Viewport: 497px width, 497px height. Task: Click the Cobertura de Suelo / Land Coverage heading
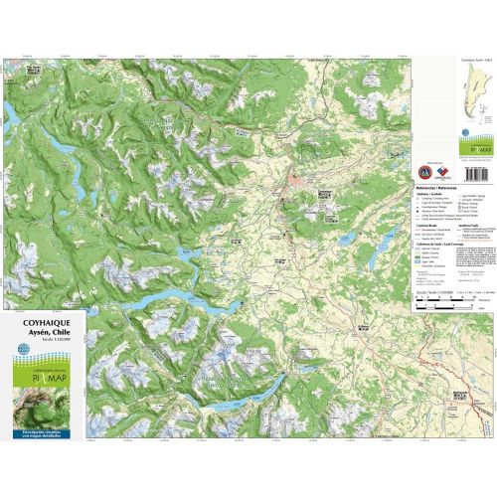[434, 247]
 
